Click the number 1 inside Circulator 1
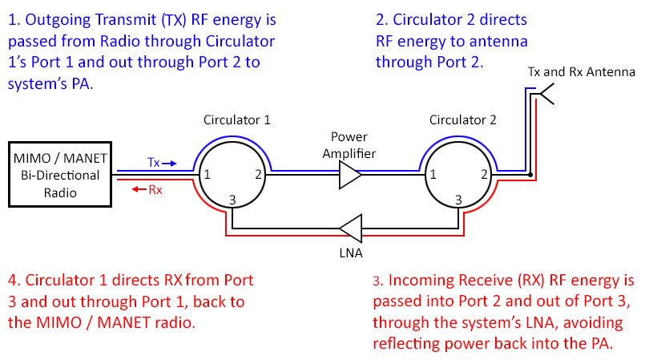point(206,174)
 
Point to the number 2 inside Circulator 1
point(258,174)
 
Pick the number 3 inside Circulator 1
point(232,200)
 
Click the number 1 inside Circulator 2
point(433,174)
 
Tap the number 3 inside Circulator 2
point(459,200)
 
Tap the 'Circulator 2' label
point(462,120)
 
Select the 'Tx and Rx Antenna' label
point(581,72)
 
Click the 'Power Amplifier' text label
point(349,144)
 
